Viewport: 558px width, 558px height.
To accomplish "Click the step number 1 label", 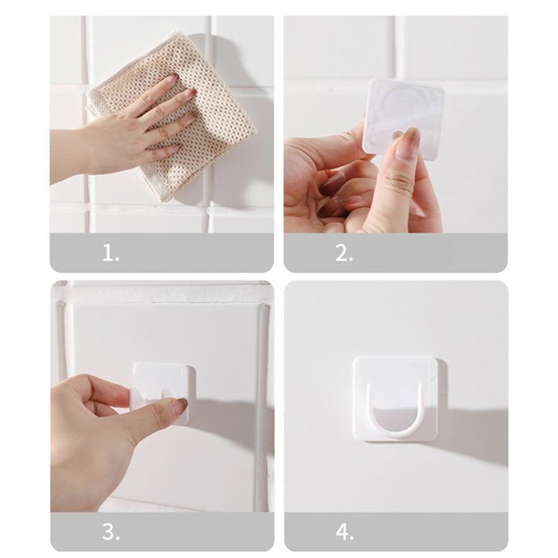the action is [110, 253].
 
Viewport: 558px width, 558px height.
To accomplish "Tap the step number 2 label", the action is [344, 253].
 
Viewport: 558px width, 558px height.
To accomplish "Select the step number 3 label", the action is [111, 532].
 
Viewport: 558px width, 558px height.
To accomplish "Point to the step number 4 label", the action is [345, 532].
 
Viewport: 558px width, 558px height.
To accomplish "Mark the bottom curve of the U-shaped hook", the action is [398, 435].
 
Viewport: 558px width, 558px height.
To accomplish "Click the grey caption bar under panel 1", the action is [162, 253].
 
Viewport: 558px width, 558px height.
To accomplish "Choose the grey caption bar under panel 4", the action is [396, 531].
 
